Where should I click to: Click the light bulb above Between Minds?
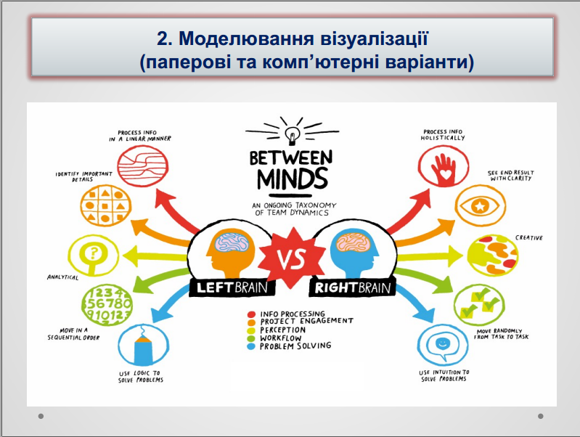(292, 136)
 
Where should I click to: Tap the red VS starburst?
(292, 258)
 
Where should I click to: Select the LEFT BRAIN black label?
(232, 287)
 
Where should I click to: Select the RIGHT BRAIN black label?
(353, 287)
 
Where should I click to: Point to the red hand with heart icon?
(444, 166)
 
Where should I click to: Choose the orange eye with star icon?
(480, 205)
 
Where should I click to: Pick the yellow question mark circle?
(93, 256)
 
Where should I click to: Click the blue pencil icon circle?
(143, 345)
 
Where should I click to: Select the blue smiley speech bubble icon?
(443, 345)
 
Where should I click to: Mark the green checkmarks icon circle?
(479, 305)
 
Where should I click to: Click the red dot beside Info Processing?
(252, 314)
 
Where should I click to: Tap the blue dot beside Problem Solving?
(252, 347)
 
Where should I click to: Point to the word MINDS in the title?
(293, 179)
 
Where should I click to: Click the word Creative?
(529, 238)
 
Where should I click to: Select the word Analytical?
(63, 277)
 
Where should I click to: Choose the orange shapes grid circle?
(106, 205)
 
